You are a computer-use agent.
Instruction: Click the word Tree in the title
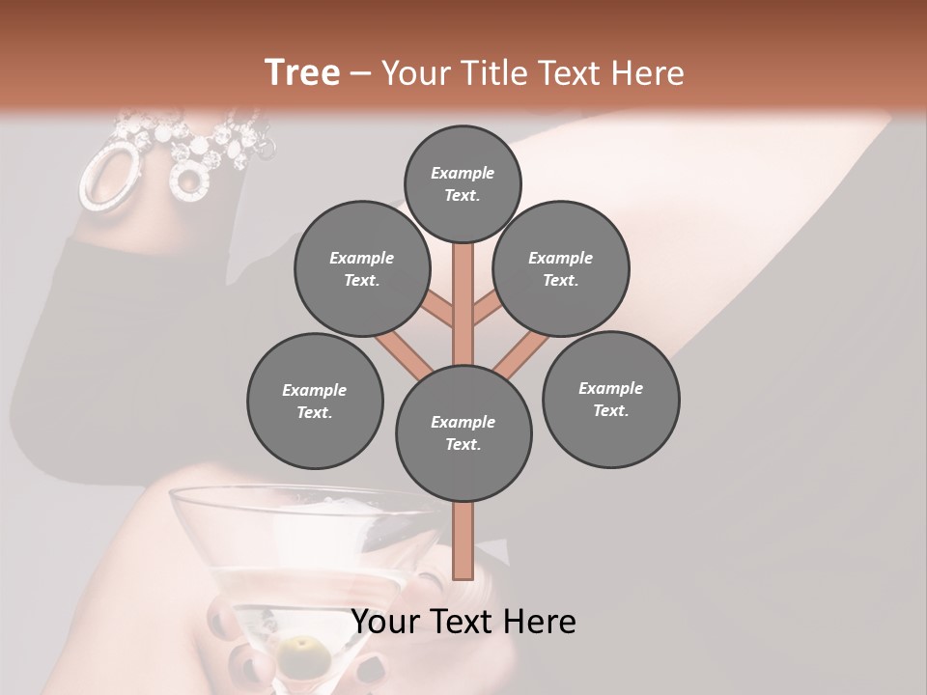pyautogui.click(x=302, y=72)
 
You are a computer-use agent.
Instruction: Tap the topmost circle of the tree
pyautogui.click(x=463, y=183)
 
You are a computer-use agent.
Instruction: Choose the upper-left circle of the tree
pyautogui.click(x=362, y=268)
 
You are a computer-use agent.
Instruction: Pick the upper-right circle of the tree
pyautogui.click(x=561, y=268)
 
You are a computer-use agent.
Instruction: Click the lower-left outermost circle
pyautogui.click(x=315, y=401)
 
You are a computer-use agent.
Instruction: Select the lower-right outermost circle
pyautogui.click(x=610, y=399)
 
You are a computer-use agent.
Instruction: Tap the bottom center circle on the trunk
pyautogui.click(x=463, y=432)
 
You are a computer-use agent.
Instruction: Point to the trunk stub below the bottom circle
pyautogui.click(x=463, y=541)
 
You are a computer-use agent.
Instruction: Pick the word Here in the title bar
pyautogui.click(x=648, y=73)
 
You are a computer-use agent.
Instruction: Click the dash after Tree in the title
pyautogui.click(x=360, y=73)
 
